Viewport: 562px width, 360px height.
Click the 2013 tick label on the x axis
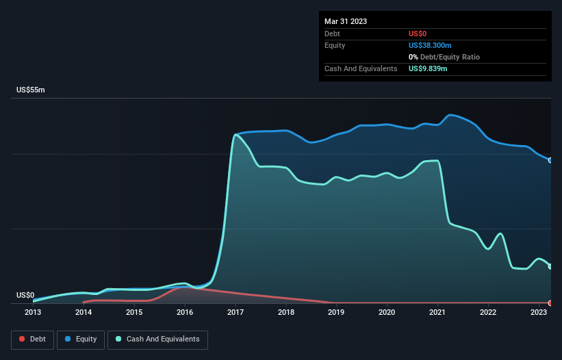point(33,313)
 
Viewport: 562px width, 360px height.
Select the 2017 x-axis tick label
point(235,313)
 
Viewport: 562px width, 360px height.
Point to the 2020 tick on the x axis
point(387,313)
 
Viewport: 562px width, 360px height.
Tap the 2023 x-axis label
point(539,313)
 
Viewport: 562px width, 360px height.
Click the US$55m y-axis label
point(30,90)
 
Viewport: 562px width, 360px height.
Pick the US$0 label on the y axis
point(25,295)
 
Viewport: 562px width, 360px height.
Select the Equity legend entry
point(81,339)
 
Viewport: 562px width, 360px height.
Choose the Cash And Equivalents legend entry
point(157,339)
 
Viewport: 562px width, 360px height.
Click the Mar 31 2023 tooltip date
point(346,21)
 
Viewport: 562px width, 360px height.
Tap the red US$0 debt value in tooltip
point(419,34)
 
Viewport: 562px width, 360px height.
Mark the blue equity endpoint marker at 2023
point(550,160)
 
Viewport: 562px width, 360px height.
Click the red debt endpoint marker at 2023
point(550,303)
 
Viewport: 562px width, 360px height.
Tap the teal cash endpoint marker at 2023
point(550,266)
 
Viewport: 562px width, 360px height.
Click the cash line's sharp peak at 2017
point(235,135)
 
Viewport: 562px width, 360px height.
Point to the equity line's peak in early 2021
point(450,114)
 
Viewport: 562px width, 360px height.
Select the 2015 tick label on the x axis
point(134,313)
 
